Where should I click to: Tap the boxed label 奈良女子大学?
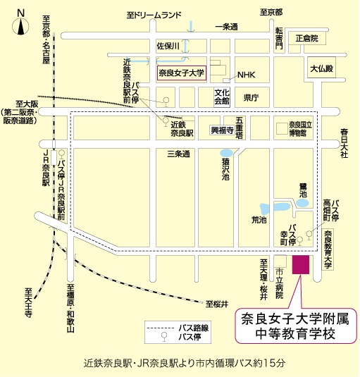(x=181, y=73)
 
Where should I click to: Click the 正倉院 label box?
(x=307, y=39)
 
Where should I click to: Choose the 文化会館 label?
(x=223, y=96)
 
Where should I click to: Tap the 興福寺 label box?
(x=222, y=130)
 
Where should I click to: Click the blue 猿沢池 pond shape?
(x=226, y=153)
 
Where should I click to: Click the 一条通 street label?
(x=227, y=27)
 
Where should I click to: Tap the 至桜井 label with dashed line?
(x=217, y=304)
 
